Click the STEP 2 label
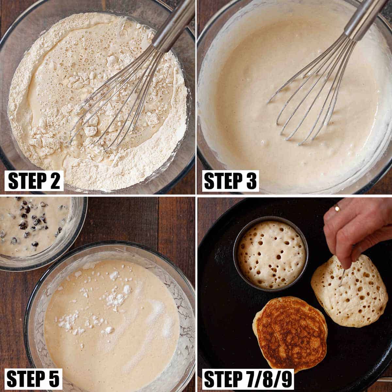coord(34,181)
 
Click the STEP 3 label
coord(230,181)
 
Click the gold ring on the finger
coord(337,208)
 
